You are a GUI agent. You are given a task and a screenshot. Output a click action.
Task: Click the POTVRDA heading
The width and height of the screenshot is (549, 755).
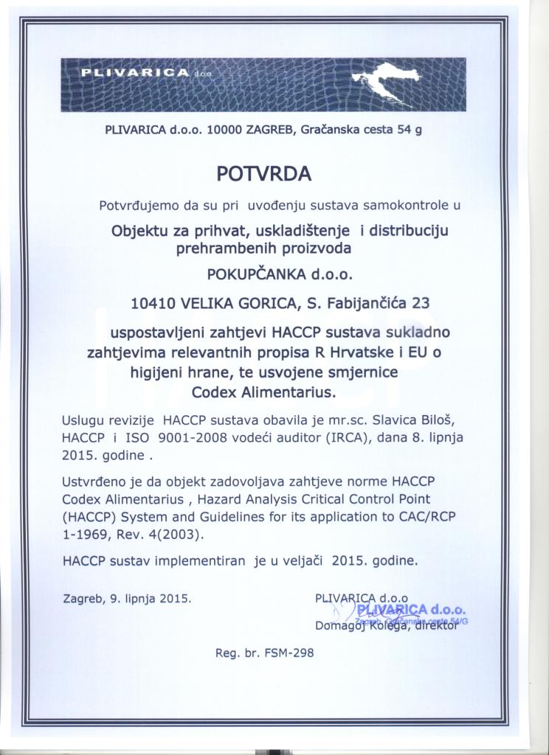point(264,173)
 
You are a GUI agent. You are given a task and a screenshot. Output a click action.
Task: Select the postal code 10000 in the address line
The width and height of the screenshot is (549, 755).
point(222,130)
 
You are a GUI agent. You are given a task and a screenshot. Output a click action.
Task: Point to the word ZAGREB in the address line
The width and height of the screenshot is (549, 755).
point(267,130)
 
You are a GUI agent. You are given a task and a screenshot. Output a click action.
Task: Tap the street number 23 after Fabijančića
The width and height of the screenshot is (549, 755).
point(420,302)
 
